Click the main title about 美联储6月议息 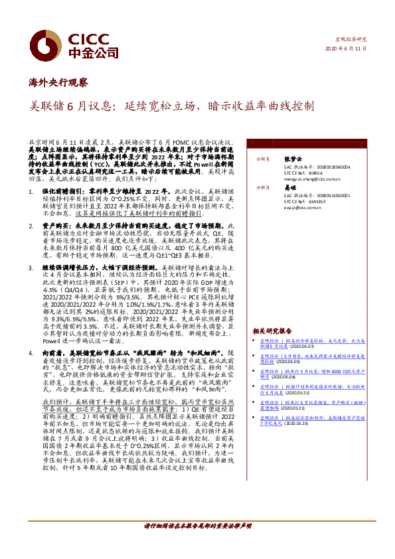[173, 106]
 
